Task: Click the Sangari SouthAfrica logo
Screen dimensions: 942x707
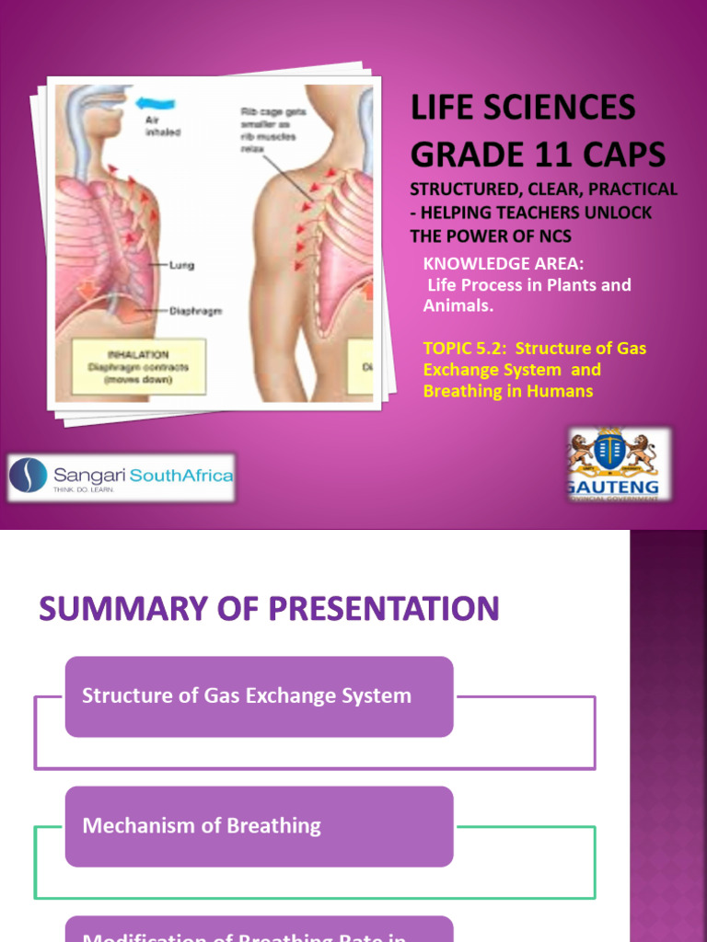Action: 122,477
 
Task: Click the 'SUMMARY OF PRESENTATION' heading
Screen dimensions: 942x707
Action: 269,609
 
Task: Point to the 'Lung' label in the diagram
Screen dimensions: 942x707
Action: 181,266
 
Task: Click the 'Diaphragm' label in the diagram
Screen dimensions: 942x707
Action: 194,311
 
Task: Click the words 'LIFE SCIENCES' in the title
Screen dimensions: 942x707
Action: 522,109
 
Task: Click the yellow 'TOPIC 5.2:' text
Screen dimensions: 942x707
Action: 466,349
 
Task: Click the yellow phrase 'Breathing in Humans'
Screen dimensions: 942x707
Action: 507,391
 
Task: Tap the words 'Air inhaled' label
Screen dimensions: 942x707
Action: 163,125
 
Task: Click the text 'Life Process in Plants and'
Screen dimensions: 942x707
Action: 528,285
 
